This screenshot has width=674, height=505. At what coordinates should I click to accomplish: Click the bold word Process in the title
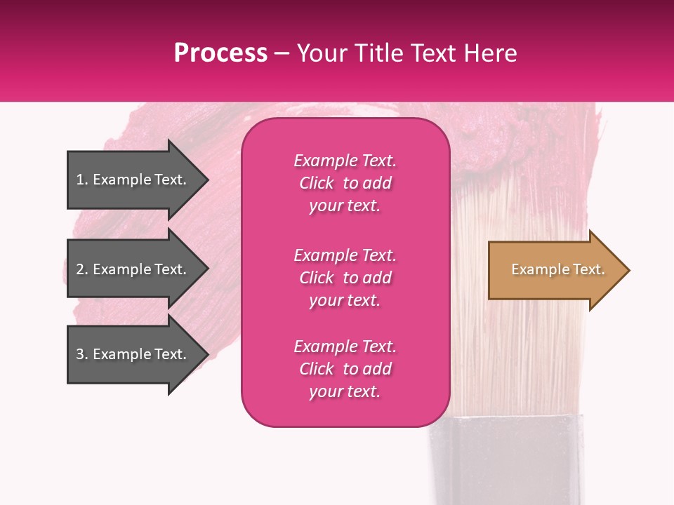pos(220,53)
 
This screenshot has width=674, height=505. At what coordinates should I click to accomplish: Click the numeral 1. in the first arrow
pos(82,180)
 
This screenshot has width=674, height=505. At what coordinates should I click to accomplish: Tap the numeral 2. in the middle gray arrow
pos(82,269)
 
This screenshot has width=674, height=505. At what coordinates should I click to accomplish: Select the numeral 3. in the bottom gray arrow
pos(82,354)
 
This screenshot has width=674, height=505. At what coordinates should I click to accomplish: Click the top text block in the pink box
pos(345,183)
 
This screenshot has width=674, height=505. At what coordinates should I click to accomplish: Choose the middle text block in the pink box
pos(345,278)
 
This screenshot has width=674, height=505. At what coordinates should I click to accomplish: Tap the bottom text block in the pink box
pos(345,369)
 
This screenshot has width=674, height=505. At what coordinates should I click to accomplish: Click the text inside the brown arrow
pos(557,269)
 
